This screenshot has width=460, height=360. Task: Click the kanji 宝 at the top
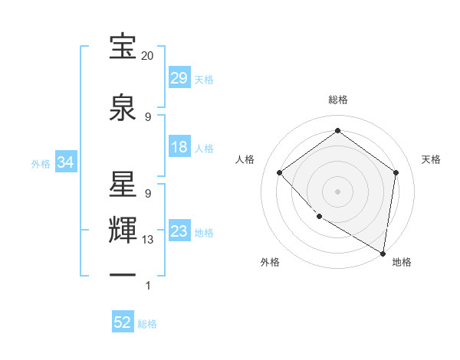coord(123,47)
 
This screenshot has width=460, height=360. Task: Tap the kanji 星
coord(123,185)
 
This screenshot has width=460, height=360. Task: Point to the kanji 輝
coord(123,230)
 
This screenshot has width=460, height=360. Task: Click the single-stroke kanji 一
coord(123,274)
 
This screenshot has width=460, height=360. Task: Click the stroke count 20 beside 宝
coord(148,56)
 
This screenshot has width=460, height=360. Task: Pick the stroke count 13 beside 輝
coord(148,240)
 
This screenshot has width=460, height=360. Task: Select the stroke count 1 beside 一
coord(148,286)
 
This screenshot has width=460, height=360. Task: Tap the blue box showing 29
coord(179,79)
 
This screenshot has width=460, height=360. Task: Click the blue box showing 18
coord(179,148)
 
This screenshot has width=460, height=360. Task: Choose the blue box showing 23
coord(179,232)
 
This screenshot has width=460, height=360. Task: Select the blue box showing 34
coord(65,163)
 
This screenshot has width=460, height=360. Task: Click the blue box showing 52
coord(123,323)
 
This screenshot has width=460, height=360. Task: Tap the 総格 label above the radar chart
coord(337,100)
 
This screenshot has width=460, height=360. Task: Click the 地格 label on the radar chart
coord(402,262)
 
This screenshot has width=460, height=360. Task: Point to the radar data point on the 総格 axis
coord(337,131)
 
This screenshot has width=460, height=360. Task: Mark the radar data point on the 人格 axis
coord(280,172)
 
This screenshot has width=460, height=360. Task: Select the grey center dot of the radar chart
coord(337,191)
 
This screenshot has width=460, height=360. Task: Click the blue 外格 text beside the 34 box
coord(41,164)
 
